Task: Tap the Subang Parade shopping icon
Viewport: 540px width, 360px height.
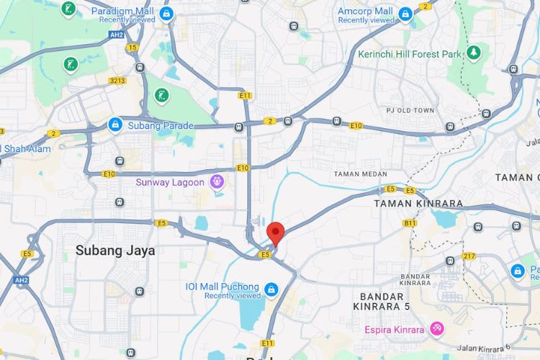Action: tap(114, 125)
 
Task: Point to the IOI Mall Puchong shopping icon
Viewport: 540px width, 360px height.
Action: tap(271, 290)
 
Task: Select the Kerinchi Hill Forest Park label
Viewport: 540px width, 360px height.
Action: tap(410, 53)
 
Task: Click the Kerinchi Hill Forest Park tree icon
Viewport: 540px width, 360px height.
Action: tap(473, 53)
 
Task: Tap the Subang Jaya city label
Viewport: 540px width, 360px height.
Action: tap(115, 251)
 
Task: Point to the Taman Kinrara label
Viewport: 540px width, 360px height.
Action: tap(418, 203)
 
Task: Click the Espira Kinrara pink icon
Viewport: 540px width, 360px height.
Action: tap(436, 329)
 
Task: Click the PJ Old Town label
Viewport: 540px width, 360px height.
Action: tap(411, 110)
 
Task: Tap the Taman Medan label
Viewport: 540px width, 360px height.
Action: tap(361, 174)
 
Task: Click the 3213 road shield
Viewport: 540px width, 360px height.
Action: tap(118, 81)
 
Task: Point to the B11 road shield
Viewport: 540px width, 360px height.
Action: tap(410, 223)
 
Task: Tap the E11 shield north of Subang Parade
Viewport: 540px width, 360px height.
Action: tap(246, 95)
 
